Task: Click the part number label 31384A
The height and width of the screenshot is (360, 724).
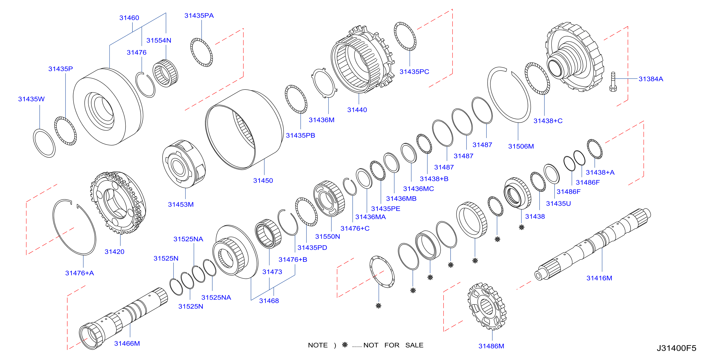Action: [651, 79]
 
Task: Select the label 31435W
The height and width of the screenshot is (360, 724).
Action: [31, 99]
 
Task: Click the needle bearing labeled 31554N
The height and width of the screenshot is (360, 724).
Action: [165, 73]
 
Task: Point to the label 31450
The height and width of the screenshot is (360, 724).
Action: [263, 180]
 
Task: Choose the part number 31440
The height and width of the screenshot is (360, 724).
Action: [357, 110]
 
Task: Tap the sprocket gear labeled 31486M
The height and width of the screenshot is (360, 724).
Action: [487, 306]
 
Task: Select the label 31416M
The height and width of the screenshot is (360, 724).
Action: [599, 278]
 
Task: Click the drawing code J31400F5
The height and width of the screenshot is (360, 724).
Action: [676, 348]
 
